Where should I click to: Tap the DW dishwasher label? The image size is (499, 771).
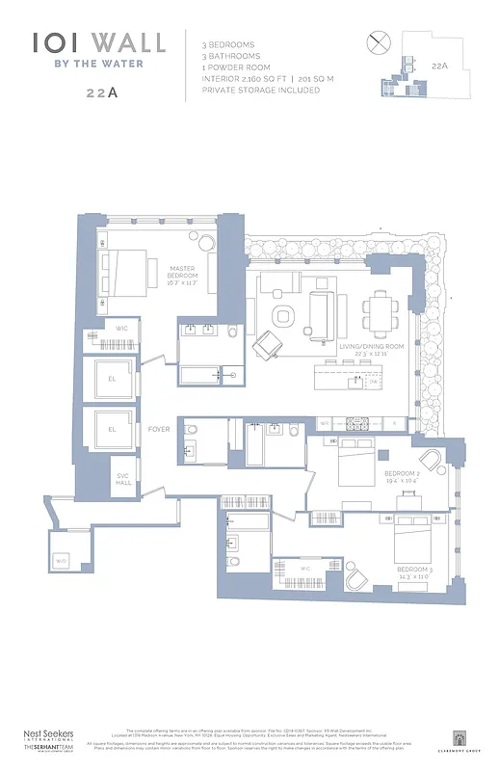tap(373, 382)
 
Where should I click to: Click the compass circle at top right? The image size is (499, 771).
tap(377, 41)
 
